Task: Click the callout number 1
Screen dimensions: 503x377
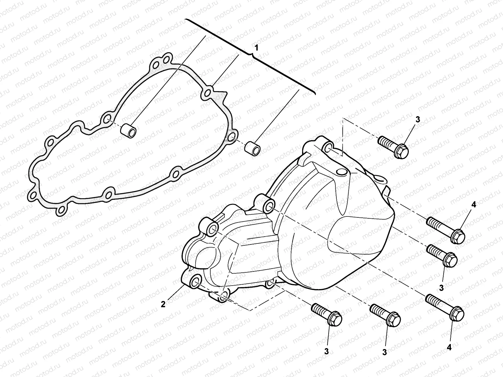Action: click(x=257, y=48)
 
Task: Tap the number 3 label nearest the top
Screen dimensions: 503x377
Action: click(x=417, y=119)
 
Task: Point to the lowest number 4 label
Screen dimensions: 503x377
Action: click(x=449, y=347)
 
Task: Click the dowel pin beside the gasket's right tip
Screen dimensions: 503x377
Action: click(x=253, y=147)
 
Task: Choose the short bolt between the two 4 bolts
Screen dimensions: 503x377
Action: click(x=441, y=254)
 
